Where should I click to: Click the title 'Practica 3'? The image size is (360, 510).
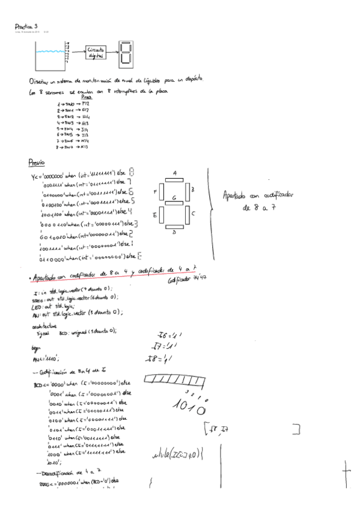(x=27, y=26)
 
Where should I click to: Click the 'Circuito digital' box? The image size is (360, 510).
(x=96, y=52)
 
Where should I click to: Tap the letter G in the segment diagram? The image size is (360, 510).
(x=174, y=197)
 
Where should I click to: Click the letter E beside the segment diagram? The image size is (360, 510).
(x=155, y=215)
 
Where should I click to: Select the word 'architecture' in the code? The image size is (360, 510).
(x=42, y=325)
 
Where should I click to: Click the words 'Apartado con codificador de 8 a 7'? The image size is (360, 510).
(x=258, y=201)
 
